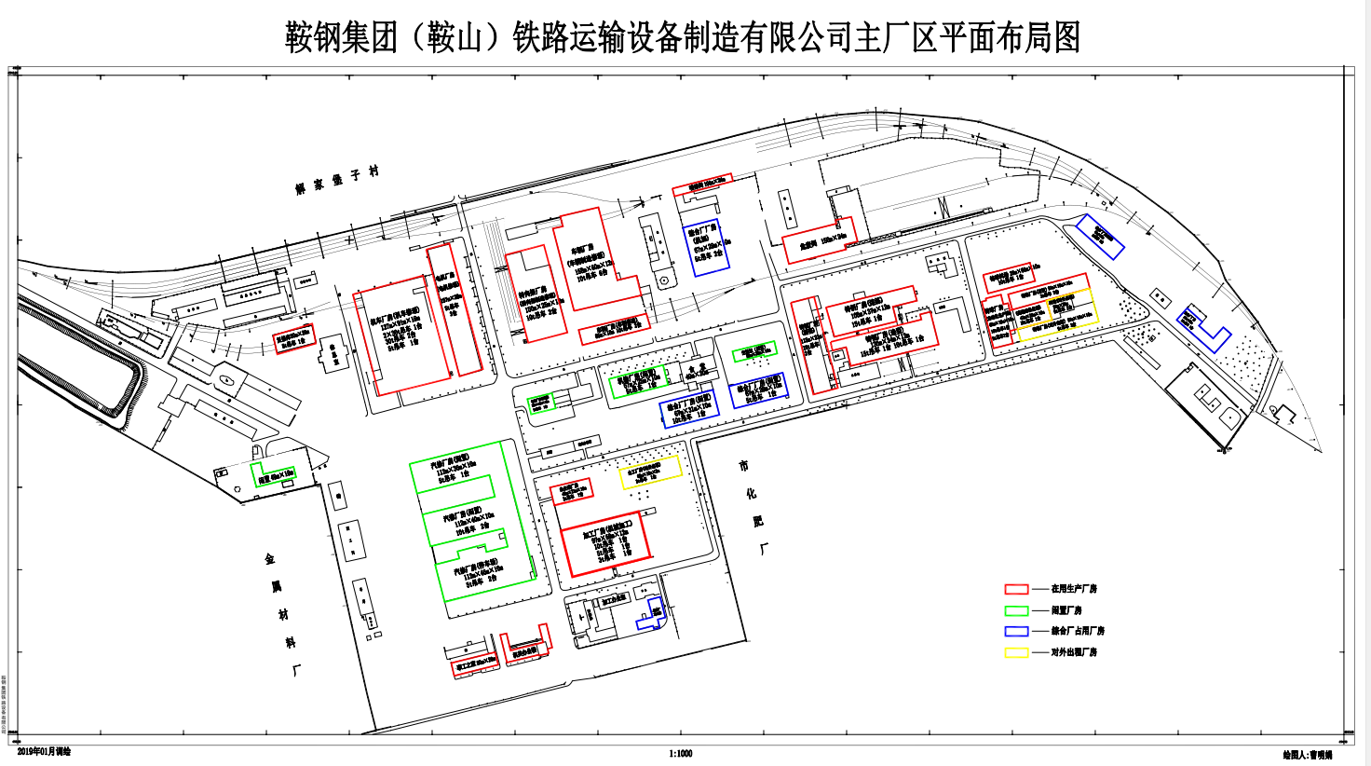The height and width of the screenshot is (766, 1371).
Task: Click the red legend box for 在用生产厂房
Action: [x=1015, y=589]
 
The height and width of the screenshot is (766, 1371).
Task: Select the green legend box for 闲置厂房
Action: [x=1015, y=610]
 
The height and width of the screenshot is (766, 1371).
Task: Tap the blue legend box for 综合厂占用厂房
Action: [x=1015, y=631]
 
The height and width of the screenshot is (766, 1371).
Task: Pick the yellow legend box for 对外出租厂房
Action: [x=1015, y=652]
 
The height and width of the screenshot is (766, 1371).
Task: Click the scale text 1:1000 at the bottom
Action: [x=680, y=754]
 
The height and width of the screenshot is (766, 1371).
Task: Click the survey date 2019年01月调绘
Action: [x=44, y=751]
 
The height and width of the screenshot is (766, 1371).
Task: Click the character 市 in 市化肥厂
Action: [x=743, y=466]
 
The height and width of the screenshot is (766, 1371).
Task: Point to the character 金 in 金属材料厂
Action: [x=270, y=559]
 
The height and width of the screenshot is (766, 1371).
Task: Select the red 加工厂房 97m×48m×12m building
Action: [x=604, y=543]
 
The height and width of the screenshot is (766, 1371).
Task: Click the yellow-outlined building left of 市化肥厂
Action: [x=650, y=472]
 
